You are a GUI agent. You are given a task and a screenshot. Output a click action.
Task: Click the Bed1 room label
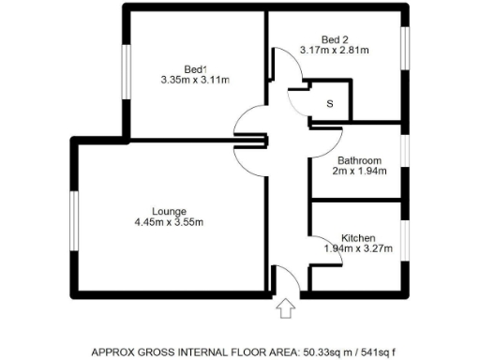tap(195, 68)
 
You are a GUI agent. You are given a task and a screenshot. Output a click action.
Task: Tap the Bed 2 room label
tap(333, 39)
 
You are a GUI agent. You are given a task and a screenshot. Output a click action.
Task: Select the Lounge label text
tap(169, 210)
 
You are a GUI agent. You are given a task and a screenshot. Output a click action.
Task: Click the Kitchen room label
tap(359, 237)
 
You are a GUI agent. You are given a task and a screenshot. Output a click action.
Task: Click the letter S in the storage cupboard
tap(329, 104)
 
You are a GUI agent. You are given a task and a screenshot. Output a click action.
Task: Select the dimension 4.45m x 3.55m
tap(169, 222)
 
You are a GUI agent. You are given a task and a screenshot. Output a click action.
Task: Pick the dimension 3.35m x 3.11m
tap(195, 81)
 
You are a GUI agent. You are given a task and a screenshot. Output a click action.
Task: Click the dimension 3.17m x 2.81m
tap(334, 51)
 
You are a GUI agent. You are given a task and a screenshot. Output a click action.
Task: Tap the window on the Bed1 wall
tap(125, 68)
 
